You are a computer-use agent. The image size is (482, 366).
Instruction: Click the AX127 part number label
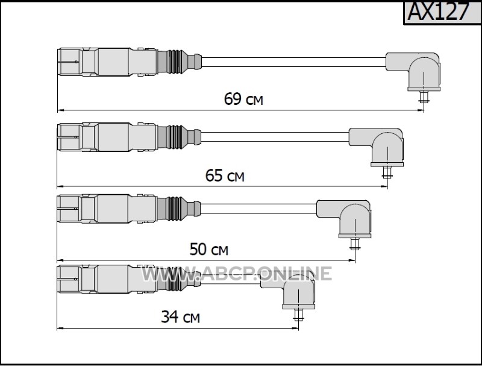pos(439,11)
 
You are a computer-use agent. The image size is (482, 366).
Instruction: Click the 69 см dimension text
pos(243,99)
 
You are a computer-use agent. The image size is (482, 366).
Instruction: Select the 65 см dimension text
pos(225,175)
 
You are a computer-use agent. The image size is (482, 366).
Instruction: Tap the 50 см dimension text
pos(208,249)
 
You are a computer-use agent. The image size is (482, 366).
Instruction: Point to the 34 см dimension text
pos(180,317)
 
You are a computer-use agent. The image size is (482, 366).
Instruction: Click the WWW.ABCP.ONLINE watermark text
pos(236,273)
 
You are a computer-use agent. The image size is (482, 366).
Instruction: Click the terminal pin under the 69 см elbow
pos(424,96)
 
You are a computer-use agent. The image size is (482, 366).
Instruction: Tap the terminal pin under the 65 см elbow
pos(387,172)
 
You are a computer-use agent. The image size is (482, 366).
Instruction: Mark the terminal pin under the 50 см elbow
pos(355,244)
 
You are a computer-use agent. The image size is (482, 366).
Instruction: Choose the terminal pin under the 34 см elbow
pos(298,315)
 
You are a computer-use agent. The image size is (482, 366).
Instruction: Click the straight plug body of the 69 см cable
pos(108,62)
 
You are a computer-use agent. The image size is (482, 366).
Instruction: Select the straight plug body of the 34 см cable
pos(108,279)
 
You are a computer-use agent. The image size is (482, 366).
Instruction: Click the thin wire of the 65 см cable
pos(275,137)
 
